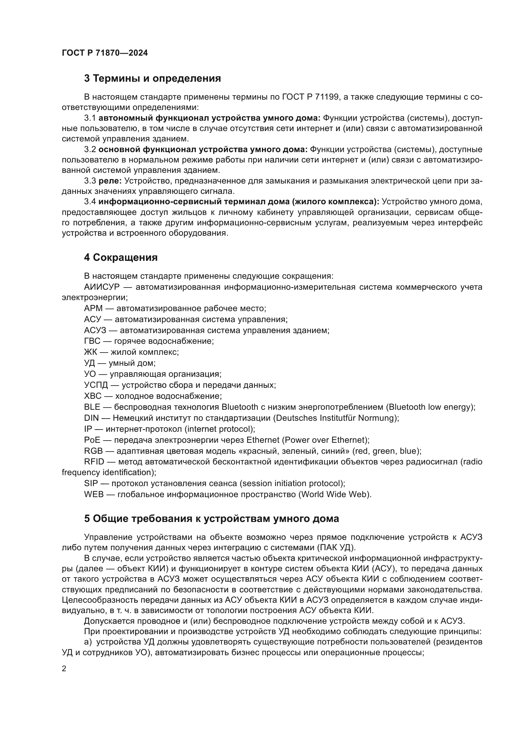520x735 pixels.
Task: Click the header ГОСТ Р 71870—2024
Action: tap(105, 53)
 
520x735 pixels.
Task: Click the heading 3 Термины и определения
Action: tap(152, 79)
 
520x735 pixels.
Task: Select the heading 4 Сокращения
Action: tap(121, 257)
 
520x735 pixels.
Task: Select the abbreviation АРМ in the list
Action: tap(93, 309)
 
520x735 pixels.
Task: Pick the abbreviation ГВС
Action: tap(92, 341)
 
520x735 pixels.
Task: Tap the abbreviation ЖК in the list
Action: tap(90, 352)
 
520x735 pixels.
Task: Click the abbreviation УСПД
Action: tap(96, 385)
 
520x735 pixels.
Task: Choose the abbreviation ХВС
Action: tap(92, 396)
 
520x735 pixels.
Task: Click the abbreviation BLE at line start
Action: tap(92, 407)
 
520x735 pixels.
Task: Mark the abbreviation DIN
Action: tap(91, 418)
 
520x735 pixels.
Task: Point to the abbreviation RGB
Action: tap(93, 451)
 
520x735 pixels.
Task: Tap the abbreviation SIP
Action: tap(91, 483)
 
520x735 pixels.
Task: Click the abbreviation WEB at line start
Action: tap(93, 495)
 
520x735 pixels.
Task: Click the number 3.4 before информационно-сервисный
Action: tap(90, 202)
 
